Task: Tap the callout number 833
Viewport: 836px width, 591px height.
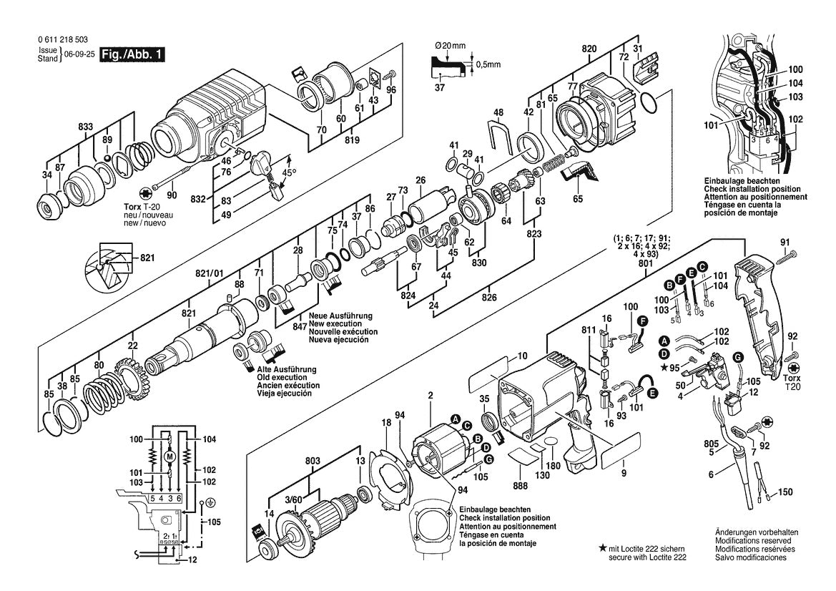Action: click(x=85, y=127)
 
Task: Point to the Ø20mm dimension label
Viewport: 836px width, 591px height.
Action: click(x=451, y=46)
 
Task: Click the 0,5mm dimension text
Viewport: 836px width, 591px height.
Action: click(x=488, y=64)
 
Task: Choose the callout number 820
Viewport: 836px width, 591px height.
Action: click(x=589, y=48)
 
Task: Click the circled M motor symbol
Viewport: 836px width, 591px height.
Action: click(x=169, y=456)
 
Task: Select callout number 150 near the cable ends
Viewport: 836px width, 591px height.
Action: click(x=785, y=492)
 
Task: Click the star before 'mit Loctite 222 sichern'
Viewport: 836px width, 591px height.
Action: click(x=602, y=547)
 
